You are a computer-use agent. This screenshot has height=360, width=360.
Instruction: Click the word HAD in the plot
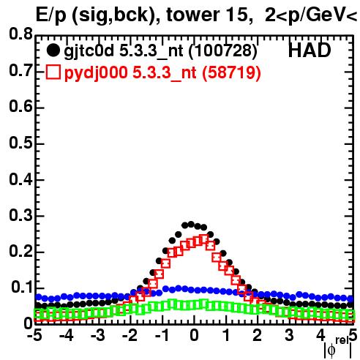310,50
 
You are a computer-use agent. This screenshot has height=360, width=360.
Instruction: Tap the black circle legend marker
53,50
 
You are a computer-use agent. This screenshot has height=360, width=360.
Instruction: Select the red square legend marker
53,72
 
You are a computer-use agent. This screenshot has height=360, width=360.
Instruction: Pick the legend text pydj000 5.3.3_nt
130,73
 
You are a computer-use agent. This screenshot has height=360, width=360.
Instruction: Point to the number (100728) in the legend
223,51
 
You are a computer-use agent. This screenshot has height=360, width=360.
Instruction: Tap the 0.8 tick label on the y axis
20,34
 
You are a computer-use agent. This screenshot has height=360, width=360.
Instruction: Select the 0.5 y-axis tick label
20,143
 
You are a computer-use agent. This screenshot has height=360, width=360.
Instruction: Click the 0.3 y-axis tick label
20,215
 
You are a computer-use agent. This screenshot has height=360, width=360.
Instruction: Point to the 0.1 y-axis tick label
22,288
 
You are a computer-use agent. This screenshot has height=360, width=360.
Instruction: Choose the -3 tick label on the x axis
98,335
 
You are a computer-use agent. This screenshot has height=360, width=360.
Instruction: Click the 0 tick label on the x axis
194,335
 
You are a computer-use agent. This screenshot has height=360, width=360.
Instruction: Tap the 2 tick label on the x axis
258,335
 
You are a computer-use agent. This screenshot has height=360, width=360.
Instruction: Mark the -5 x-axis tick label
34,335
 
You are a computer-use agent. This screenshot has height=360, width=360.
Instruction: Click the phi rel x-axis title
338,348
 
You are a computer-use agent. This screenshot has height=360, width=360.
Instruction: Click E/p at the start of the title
50,15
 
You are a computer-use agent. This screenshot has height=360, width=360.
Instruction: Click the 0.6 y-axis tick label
20,107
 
